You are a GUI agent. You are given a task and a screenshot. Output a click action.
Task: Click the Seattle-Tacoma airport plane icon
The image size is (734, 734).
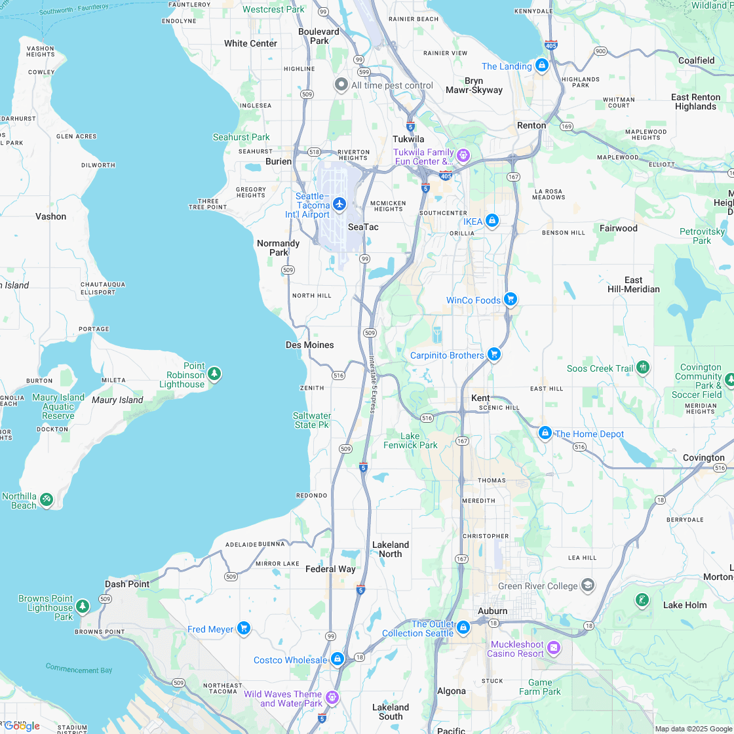click(339, 204)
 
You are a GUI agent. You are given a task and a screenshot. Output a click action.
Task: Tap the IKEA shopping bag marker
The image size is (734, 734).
click(492, 221)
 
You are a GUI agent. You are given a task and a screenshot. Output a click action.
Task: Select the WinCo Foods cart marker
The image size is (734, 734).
click(511, 299)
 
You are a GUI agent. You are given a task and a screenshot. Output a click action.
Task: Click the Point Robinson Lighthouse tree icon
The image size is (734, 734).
click(214, 374)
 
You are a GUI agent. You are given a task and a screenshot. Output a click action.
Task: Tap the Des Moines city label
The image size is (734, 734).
click(310, 345)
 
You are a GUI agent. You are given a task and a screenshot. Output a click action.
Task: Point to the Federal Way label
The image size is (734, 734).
click(330, 569)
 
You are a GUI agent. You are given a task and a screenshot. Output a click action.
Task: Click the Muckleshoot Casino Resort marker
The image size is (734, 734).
click(554, 647)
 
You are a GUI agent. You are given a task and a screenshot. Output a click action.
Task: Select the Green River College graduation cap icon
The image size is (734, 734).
click(588, 585)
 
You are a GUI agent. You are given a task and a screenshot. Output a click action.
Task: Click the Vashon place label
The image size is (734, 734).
click(50, 216)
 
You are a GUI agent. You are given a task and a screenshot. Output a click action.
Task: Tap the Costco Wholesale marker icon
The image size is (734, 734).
click(338, 659)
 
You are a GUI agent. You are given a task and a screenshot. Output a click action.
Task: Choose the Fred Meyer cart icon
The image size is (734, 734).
click(244, 628)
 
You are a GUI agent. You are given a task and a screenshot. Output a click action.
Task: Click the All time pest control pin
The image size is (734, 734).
click(341, 85)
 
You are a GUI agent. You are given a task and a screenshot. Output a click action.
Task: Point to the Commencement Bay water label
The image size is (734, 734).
click(79, 668)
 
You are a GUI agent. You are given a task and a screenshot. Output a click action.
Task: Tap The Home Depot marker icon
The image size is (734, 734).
click(545, 433)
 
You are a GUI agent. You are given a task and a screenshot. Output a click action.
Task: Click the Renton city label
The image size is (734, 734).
click(531, 125)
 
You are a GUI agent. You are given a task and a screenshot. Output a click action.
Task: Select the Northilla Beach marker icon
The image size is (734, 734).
click(47, 499)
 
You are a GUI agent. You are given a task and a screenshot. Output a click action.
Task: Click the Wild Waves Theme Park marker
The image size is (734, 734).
click(332, 697)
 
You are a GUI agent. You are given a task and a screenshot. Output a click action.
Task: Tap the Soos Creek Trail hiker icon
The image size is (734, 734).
click(643, 367)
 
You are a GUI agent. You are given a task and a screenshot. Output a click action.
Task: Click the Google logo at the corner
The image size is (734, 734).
click(22, 725)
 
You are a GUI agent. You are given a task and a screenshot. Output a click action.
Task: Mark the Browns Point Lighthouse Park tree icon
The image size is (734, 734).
click(83, 606)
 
